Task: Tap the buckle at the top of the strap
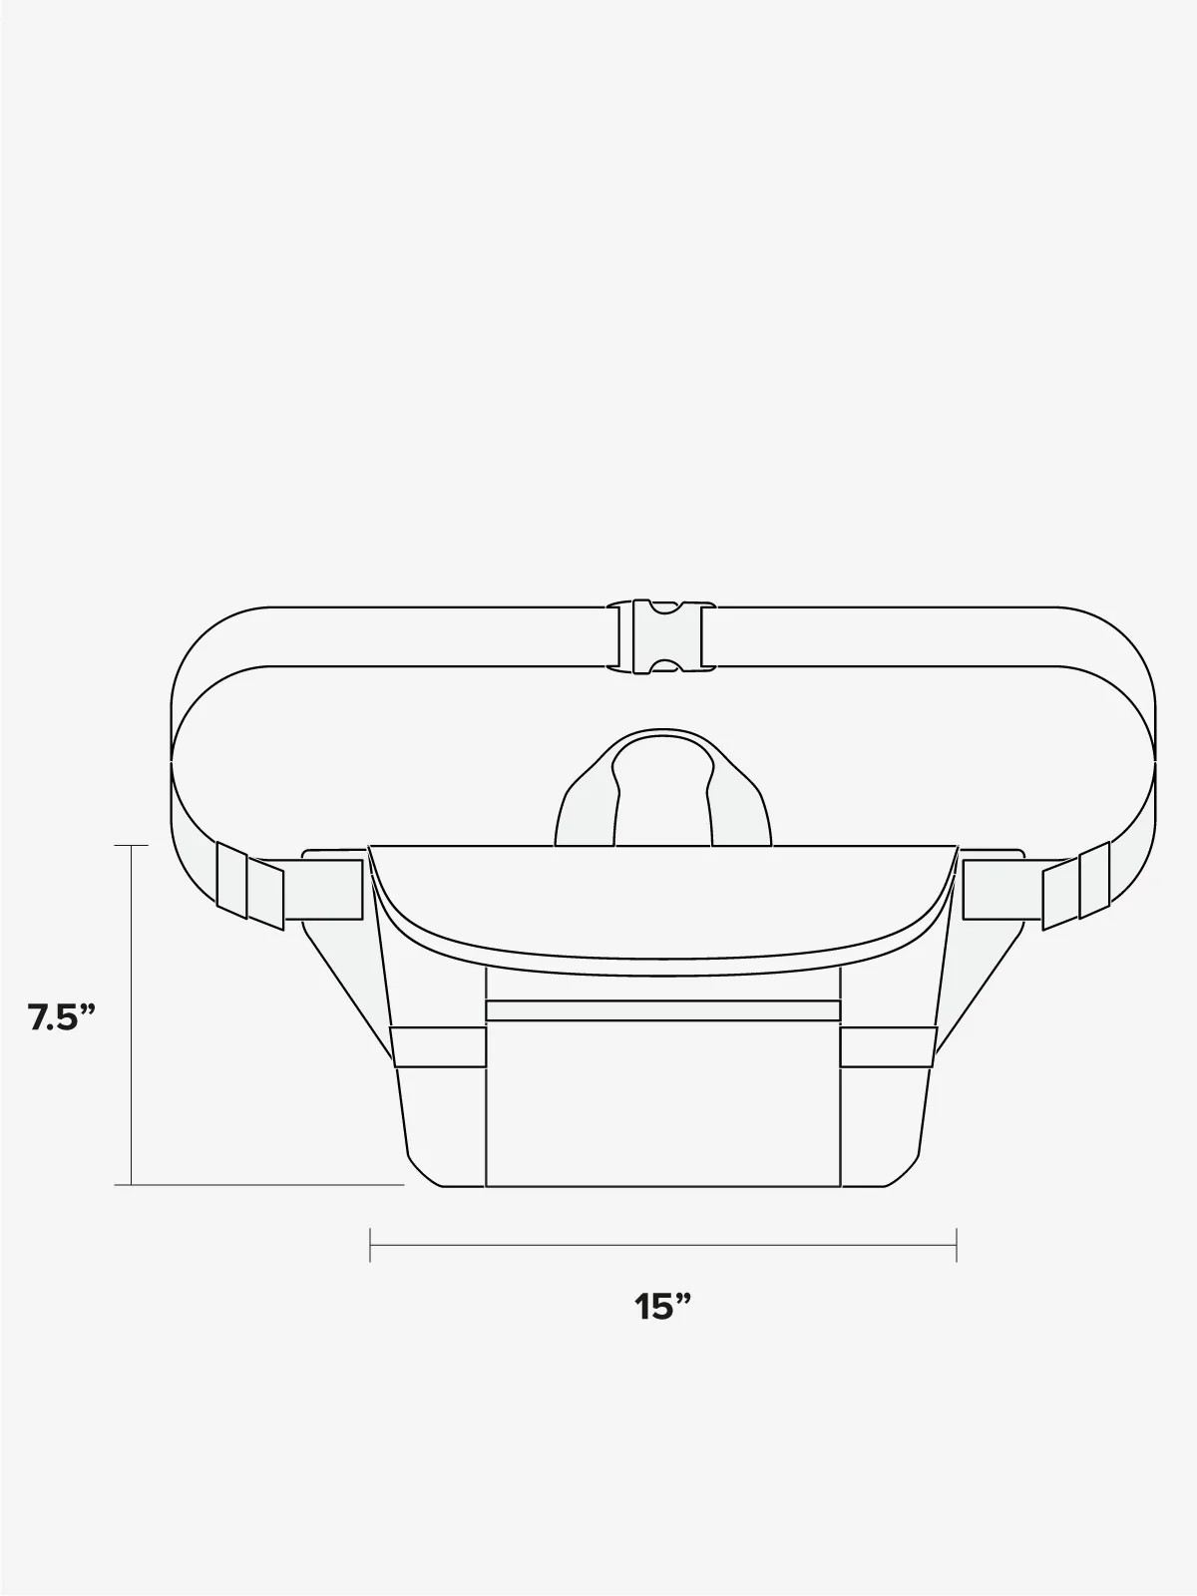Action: tap(660, 636)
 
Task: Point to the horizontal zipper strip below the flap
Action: tap(662, 1009)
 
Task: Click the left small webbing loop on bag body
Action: tap(438, 1047)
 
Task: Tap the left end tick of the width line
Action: tap(370, 1245)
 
